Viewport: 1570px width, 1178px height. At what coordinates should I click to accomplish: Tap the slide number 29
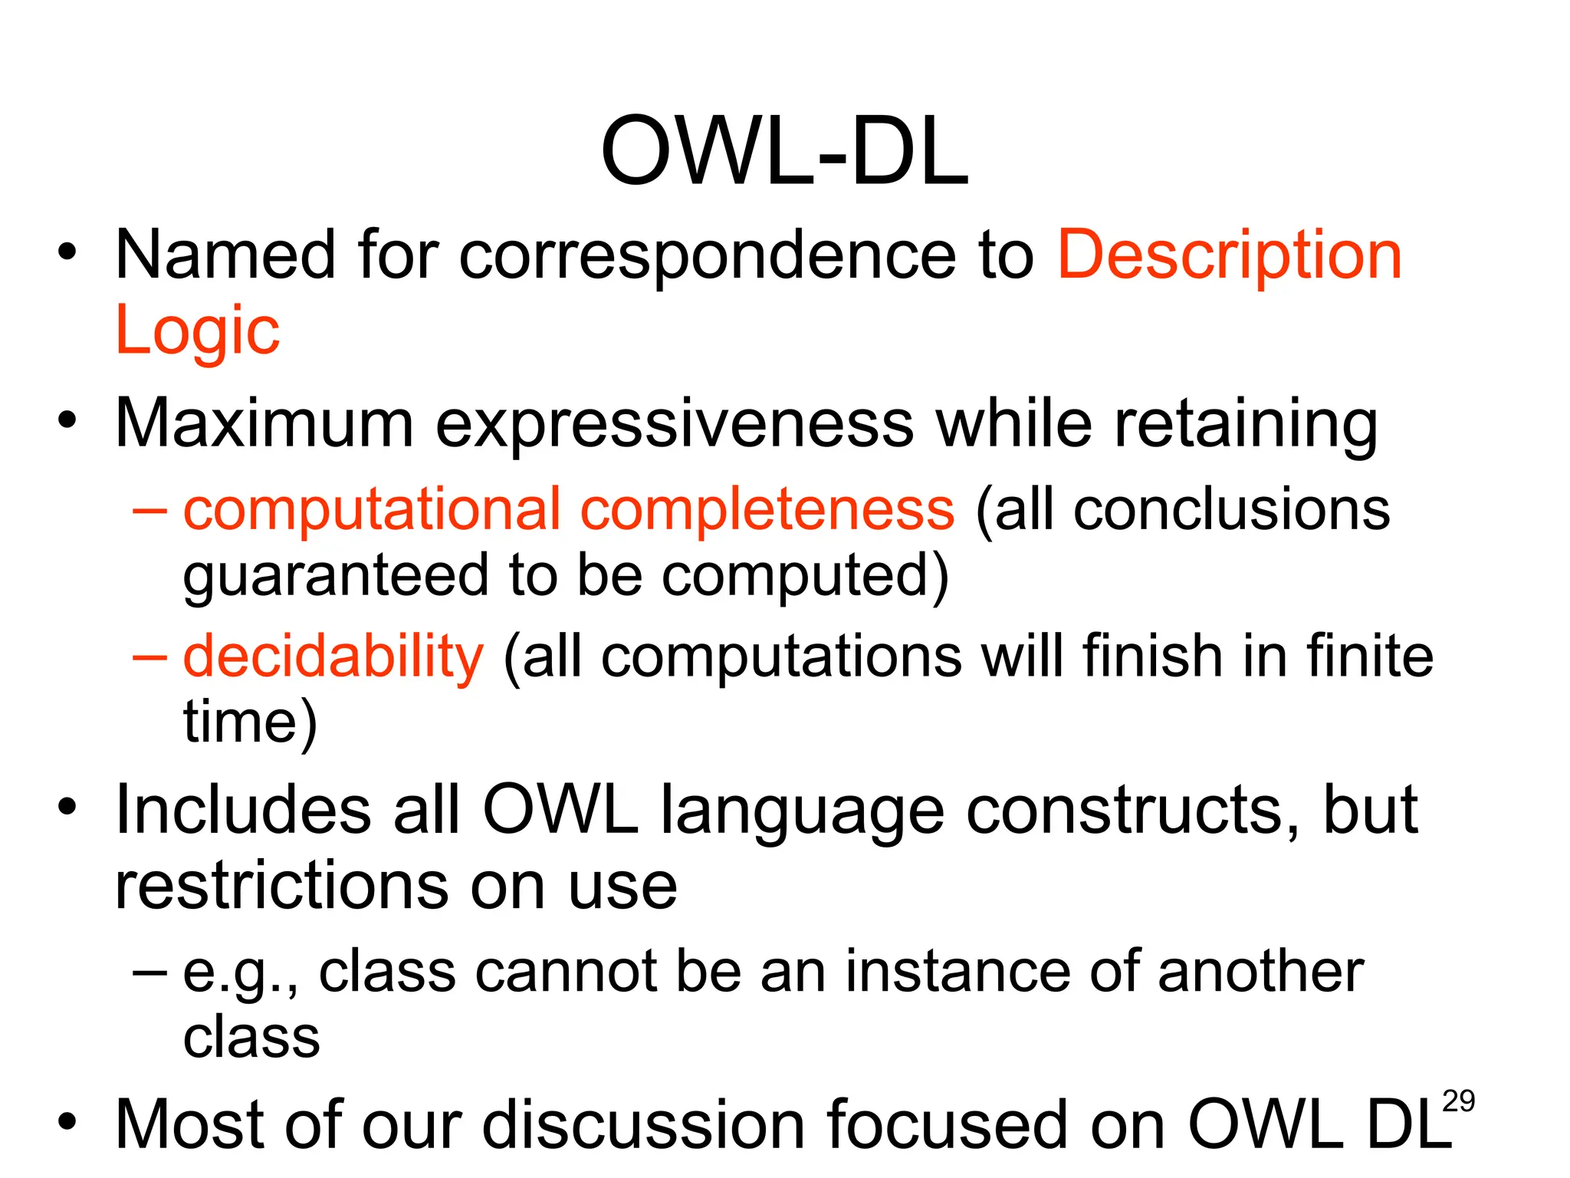pyautogui.click(x=1458, y=1101)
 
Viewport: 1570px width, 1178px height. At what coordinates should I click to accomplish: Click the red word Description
pyautogui.click(x=1230, y=255)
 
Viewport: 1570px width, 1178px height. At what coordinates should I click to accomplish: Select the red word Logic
pyautogui.click(x=198, y=331)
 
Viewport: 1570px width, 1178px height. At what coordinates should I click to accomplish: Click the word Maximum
pyautogui.click(x=264, y=423)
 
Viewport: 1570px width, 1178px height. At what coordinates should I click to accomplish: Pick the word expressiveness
pyautogui.click(x=675, y=423)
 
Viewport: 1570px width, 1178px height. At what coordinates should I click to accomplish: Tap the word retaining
pyautogui.click(x=1246, y=423)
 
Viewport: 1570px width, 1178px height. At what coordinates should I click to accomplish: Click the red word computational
pyautogui.click(x=372, y=510)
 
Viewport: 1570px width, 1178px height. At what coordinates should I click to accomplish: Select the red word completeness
pyautogui.click(x=767, y=510)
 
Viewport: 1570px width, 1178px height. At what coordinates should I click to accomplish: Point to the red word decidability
pyautogui.click(x=333, y=656)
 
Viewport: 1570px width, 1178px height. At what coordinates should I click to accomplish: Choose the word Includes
pyautogui.click(x=242, y=811)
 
